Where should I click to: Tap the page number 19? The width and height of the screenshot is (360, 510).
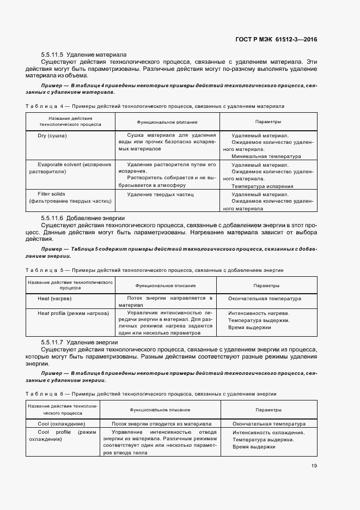click(x=314, y=465)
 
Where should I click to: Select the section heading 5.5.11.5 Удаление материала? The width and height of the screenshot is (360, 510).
click(x=83, y=54)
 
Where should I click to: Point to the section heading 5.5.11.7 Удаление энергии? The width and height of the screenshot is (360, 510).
click(x=80, y=342)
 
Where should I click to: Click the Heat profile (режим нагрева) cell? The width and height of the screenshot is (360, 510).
click(x=69, y=313)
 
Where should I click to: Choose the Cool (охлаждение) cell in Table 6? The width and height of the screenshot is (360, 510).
click(x=61, y=423)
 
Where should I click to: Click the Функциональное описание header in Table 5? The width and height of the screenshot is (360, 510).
click(x=166, y=285)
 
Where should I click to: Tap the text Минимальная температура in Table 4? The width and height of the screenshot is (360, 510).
click(x=262, y=156)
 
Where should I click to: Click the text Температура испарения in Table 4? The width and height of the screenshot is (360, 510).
click(x=262, y=186)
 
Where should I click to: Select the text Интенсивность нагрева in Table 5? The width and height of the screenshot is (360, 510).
click(x=259, y=313)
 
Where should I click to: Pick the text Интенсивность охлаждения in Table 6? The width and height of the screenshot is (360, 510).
click(x=268, y=433)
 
